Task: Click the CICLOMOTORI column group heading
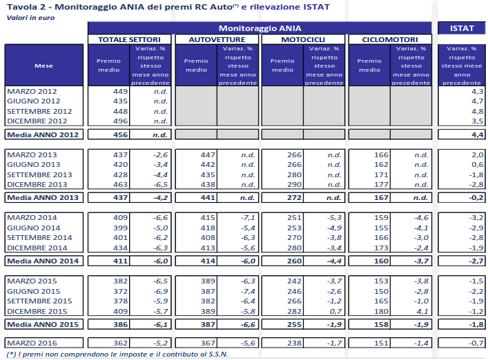pyautogui.click(x=389, y=40)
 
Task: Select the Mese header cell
pyautogui.click(x=45, y=66)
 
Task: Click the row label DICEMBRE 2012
pyautogui.click(x=38, y=121)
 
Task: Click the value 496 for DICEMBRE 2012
pyautogui.click(x=119, y=121)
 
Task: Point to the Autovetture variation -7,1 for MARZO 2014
pyautogui.click(x=246, y=218)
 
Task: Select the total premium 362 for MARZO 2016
pyautogui.click(x=119, y=342)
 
